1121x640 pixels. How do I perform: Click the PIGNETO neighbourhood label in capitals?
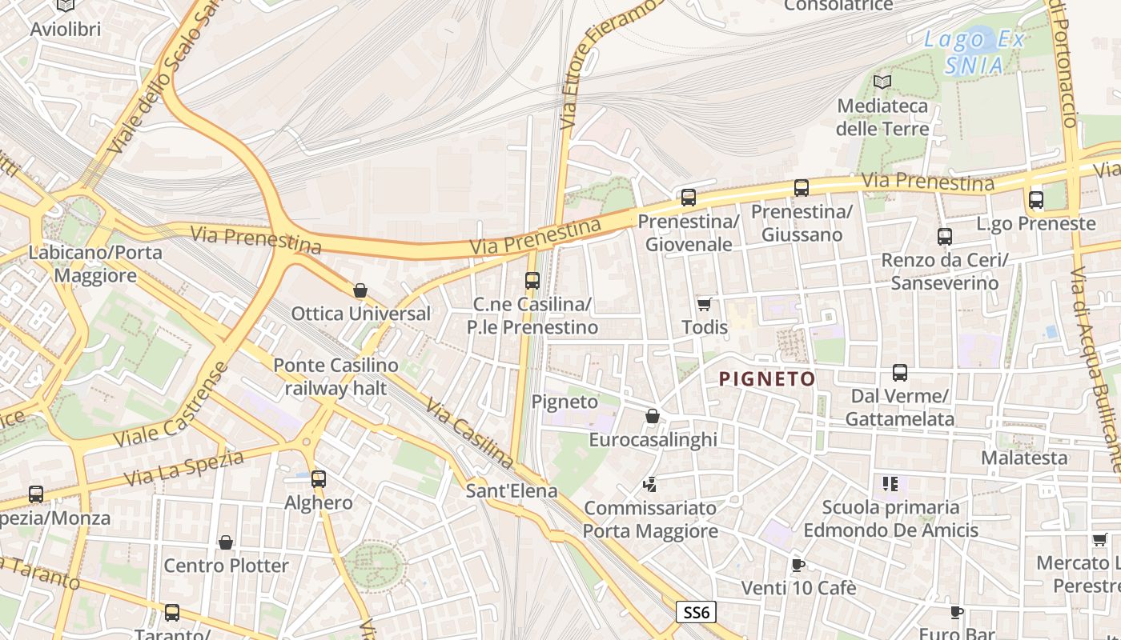tap(767, 379)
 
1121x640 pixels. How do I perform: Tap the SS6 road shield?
tap(696, 613)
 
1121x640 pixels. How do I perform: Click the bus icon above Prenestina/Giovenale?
tap(688, 197)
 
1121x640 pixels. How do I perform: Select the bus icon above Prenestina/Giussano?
tap(802, 188)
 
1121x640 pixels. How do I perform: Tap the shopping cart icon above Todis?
tap(705, 304)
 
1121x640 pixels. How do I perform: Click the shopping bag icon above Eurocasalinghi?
tap(653, 416)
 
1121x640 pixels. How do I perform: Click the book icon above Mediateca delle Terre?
tap(882, 82)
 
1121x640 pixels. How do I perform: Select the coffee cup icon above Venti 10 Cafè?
tap(798, 565)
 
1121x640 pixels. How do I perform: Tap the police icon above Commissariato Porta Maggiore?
tap(650, 484)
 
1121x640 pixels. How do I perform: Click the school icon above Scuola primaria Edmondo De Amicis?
tap(890, 483)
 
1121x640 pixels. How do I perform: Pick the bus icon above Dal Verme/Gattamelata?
tap(900, 373)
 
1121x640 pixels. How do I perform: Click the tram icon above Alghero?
tap(319, 479)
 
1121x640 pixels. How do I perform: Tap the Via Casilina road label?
tap(470, 434)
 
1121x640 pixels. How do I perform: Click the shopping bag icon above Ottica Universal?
tap(360, 290)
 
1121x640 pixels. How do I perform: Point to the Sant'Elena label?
tap(512, 490)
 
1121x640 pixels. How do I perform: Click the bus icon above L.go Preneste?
tap(1036, 200)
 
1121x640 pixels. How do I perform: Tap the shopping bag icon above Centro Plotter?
tap(226, 542)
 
